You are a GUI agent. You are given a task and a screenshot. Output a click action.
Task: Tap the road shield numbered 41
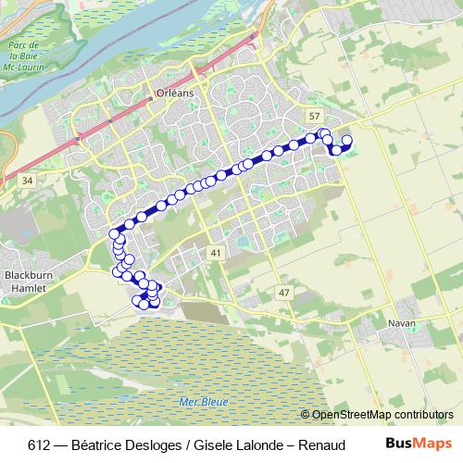215,252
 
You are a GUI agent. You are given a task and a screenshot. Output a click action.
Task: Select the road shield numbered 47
283,293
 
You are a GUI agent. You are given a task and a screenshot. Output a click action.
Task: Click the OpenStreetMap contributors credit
382,415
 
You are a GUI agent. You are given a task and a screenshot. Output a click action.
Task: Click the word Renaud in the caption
320,445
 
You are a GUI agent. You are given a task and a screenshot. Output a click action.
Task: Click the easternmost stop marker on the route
347,141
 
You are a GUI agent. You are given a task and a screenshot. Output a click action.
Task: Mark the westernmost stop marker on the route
114,233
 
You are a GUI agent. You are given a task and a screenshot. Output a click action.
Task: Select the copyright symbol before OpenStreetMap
306,415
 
